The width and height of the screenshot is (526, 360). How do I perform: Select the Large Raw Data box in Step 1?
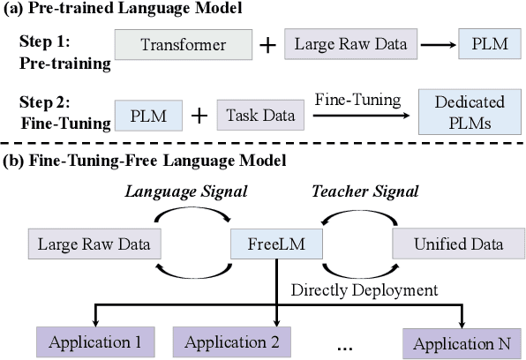click(342, 44)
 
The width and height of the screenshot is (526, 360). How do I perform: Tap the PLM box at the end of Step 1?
click(484, 44)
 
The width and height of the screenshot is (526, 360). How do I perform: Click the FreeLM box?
click(276, 240)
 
